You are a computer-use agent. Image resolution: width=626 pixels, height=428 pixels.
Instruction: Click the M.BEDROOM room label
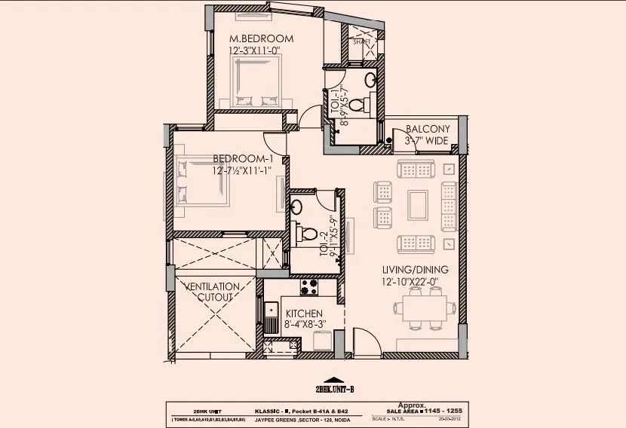[x=261, y=38]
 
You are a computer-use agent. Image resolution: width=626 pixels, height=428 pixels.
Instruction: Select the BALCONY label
[x=427, y=129]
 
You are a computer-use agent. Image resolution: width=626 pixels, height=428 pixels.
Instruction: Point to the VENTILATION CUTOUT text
[x=213, y=292]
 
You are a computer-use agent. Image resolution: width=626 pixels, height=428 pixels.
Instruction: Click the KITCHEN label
[x=303, y=313]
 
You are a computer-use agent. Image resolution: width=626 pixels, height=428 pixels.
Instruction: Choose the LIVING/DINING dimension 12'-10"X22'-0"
[x=415, y=283]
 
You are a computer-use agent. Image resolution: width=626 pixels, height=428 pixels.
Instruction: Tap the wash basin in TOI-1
[x=370, y=78]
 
